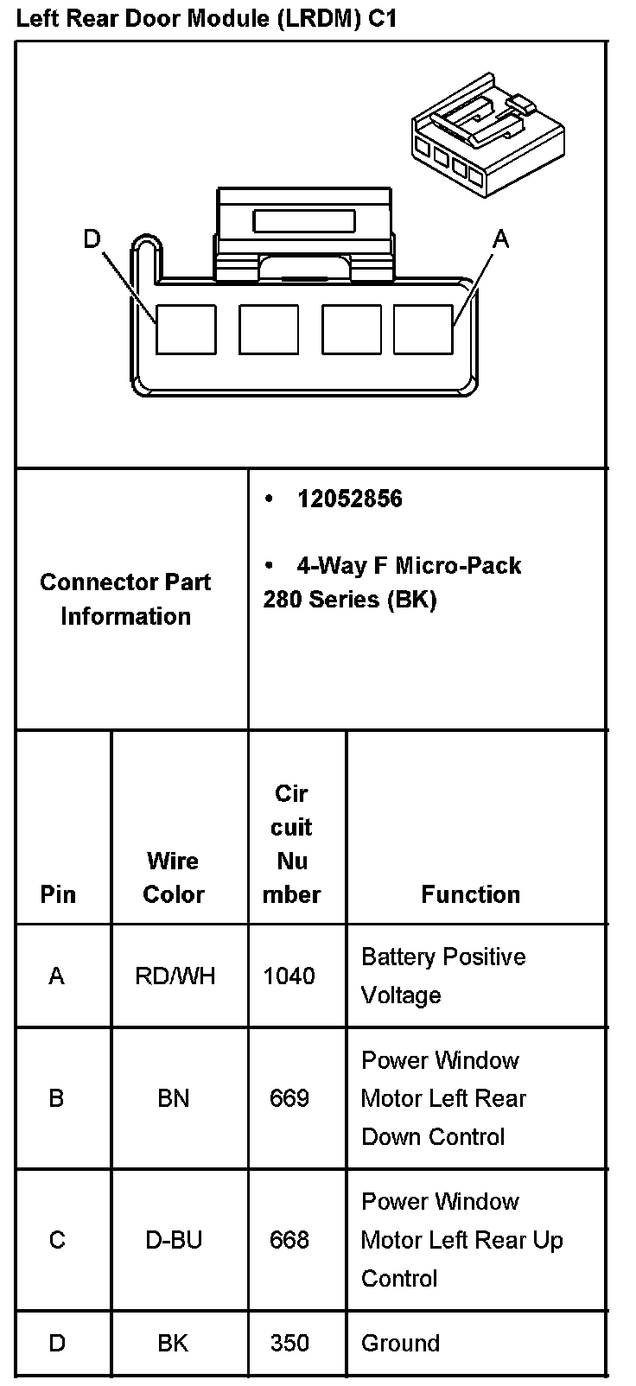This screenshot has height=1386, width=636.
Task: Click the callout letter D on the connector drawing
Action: pyautogui.click(x=92, y=238)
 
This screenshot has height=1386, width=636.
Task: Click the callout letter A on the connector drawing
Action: pyautogui.click(x=500, y=238)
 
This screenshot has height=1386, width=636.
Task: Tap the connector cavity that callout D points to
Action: pyautogui.click(x=186, y=329)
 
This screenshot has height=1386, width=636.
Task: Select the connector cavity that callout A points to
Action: pyautogui.click(x=423, y=329)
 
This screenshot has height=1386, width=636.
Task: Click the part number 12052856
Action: pyautogui.click(x=349, y=499)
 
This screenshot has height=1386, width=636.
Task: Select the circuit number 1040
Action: pyautogui.click(x=289, y=976)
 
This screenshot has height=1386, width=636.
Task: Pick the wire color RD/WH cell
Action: pyautogui.click(x=175, y=976)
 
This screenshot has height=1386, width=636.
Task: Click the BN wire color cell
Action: pyautogui.click(x=174, y=1098)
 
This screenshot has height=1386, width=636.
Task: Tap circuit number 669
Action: pyautogui.click(x=289, y=1098)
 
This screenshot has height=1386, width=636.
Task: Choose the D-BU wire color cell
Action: pyautogui.click(x=174, y=1240)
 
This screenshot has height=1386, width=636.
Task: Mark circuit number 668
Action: pyautogui.click(x=289, y=1240)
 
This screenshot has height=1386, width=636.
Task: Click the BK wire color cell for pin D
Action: pyautogui.click(x=174, y=1343)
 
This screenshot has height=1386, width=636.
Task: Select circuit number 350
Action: pyautogui.click(x=289, y=1343)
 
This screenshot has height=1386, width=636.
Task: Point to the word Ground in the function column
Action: pyautogui.click(x=400, y=1343)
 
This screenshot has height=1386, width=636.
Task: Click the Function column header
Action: pyautogui.click(x=470, y=894)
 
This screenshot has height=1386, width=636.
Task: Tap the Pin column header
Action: pyautogui.click(x=58, y=894)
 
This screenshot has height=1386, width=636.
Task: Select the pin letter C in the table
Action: pyautogui.click(x=57, y=1240)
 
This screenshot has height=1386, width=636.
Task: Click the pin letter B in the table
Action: pyautogui.click(x=57, y=1098)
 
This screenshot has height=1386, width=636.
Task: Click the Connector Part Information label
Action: pyautogui.click(x=125, y=599)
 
